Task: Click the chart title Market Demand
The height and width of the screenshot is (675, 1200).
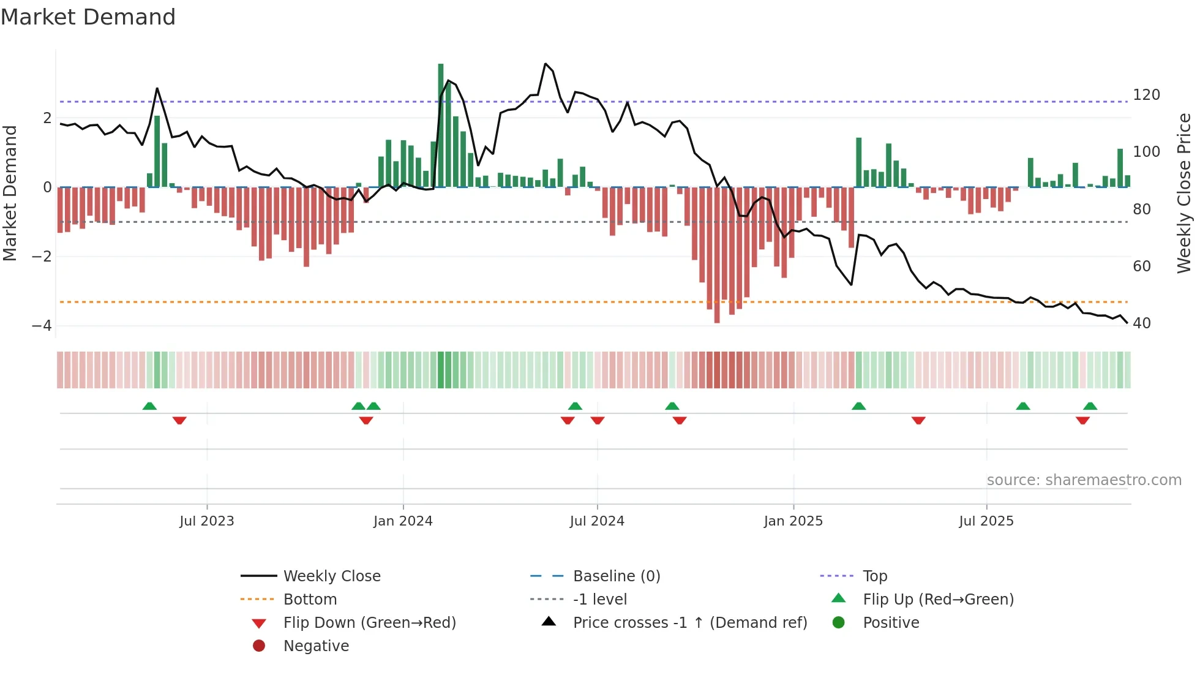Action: coord(88,17)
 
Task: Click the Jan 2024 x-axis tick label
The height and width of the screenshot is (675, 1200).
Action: coord(403,521)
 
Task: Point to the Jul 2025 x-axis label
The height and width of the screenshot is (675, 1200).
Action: coord(986,521)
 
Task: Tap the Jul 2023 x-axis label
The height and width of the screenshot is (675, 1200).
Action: coord(207,521)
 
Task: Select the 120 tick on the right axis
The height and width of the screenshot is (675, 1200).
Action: coord(1146,95)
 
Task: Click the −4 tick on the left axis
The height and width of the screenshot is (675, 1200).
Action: coord(42,325)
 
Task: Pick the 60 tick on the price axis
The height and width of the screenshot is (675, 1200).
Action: coord(1141,266)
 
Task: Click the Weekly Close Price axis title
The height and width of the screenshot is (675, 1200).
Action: coord(1184,193)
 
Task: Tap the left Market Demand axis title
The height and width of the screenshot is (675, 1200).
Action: coord(10,193)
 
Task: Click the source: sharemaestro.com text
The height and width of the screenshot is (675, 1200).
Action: coord(1084,480)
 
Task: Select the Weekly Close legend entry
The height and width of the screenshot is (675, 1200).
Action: coord(331,576)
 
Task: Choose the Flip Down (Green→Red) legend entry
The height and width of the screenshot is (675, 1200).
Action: coord(369,623)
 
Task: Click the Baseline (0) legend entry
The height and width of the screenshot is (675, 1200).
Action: coord(616,576)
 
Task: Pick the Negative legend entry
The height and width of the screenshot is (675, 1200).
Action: coord(316,646)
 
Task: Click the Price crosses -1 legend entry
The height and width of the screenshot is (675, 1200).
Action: coord(689,623)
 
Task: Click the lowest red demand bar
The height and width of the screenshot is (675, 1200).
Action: coord(717,257)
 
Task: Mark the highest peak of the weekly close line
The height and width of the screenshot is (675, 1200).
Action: coord(546,64)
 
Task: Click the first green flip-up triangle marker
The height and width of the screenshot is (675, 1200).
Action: coord(149,406)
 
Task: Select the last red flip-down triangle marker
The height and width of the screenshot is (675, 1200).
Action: coord(1082,421)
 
